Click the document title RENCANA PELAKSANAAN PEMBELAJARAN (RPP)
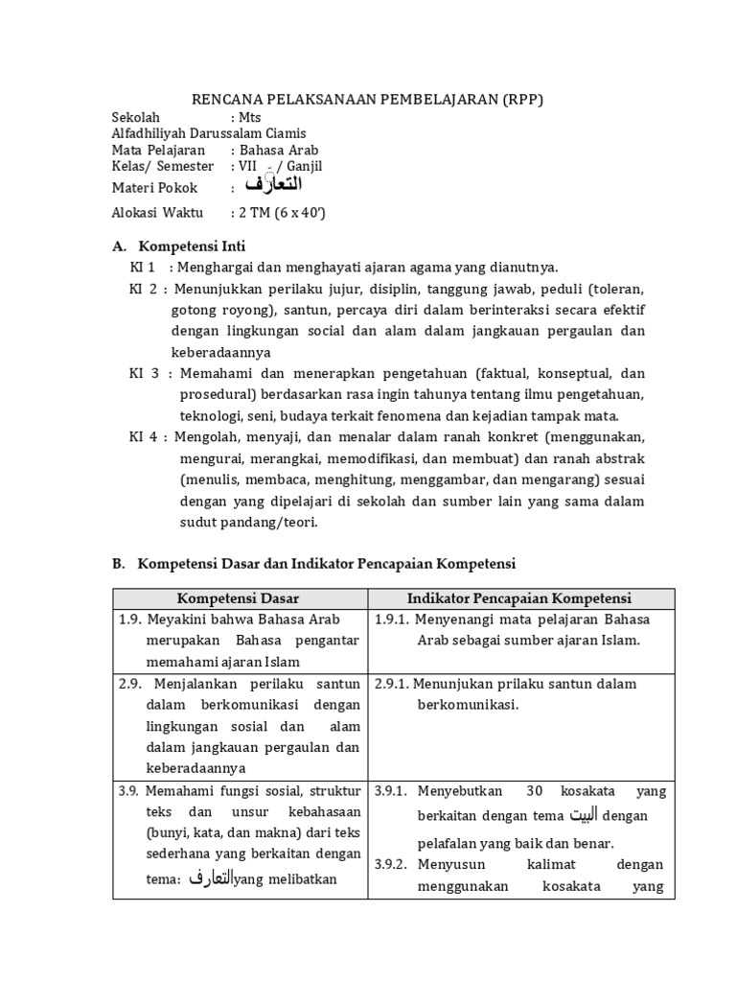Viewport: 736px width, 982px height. (x=368, y=100)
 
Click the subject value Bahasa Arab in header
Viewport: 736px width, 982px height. (x=279, y=150)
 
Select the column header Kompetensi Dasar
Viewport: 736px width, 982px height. (x=238, y=598)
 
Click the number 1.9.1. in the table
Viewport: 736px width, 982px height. (x=391, y=620)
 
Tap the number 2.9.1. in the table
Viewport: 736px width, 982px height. (x=391, y=684)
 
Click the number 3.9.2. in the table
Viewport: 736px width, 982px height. (x=391, y=864)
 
